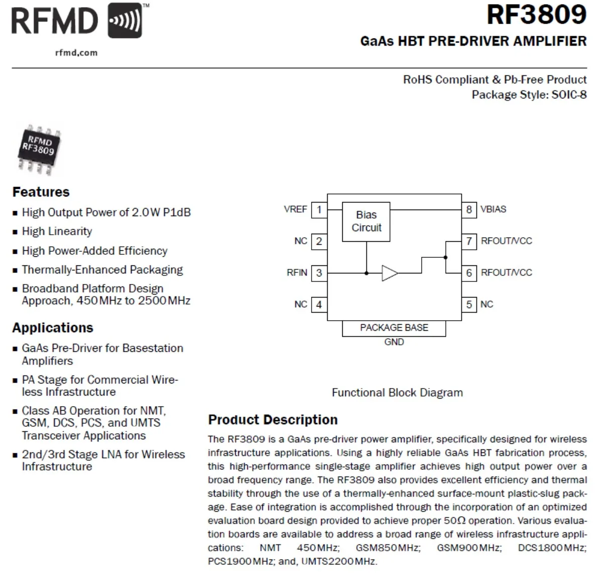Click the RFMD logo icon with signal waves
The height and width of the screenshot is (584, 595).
point(125,21)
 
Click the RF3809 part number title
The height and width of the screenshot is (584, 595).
point(536,15)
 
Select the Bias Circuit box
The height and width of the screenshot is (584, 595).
point(366,221)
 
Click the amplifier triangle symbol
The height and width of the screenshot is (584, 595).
point(389,273)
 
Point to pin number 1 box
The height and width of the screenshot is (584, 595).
point(319,210)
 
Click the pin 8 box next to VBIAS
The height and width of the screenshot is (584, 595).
point(469,210)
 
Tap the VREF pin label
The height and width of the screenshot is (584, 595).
point(295,210)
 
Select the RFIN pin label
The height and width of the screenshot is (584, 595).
point(296,273)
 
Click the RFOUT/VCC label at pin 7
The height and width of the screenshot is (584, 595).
point(506,241)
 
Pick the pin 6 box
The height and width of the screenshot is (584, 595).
point(469,273)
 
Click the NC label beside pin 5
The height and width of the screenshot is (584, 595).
point(486,305)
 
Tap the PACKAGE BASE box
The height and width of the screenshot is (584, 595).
point(394,328)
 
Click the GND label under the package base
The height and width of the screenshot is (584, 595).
point(394,342)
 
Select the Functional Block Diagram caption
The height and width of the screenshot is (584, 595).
point(397,393)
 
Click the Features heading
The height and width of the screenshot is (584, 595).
point(41,192)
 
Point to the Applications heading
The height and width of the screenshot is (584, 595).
point(53,328)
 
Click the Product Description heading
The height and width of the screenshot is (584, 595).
point(273,420)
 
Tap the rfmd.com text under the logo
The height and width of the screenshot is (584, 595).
point(76,53)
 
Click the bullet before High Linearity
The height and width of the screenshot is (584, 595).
point(15,232)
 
